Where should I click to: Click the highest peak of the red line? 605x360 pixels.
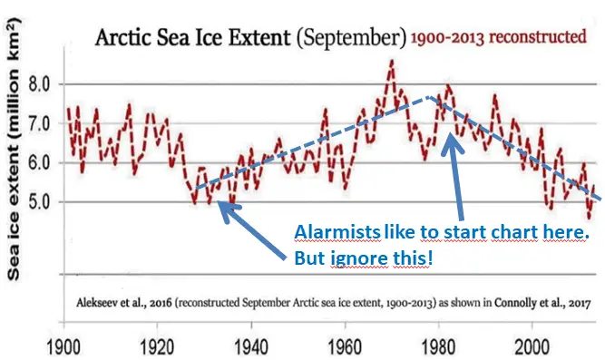click(x=391, y=61)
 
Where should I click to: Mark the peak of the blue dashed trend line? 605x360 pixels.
click(x=430, y=97)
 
